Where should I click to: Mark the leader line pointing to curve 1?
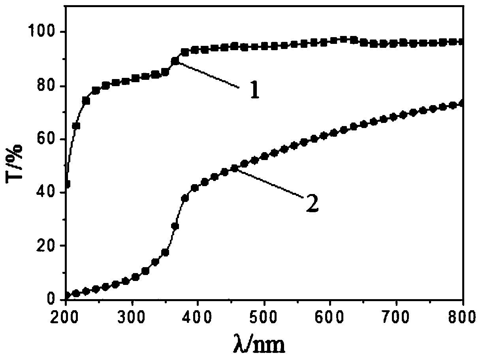[207, 74]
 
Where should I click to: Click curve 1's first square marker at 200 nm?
[67, 184]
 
